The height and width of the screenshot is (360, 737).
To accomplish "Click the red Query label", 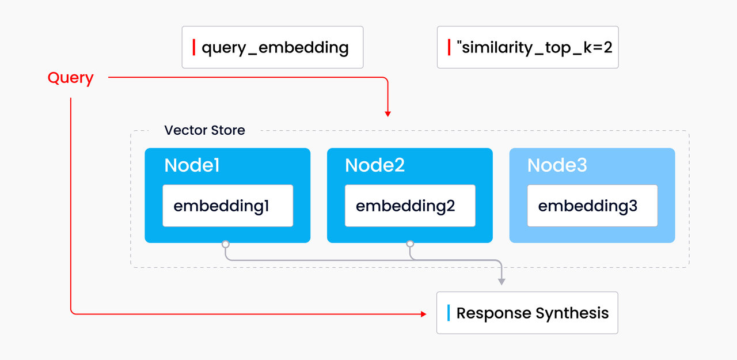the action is [70, 78].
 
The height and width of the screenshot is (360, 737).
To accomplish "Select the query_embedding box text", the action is [275, 48].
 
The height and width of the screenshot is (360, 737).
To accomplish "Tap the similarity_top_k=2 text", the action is [534, 48].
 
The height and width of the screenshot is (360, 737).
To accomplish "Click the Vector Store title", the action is [204, 130].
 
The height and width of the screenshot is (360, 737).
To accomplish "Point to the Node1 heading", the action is [192, 165].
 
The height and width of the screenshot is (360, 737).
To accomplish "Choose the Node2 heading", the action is [375, 165].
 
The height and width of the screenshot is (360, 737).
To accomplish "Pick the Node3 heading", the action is [557, 165].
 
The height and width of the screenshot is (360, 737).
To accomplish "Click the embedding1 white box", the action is [227, 206].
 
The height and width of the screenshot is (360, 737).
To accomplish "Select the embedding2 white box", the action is [410, 206].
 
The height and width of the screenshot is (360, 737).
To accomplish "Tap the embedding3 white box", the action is [592, 206].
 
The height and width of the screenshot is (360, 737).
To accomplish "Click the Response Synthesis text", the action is [533, 313].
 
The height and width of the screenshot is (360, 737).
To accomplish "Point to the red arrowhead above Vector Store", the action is [388, 114].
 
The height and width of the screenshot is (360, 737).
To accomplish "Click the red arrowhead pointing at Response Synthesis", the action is [423, 314].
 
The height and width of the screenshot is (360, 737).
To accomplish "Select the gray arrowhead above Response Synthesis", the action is [502, 282].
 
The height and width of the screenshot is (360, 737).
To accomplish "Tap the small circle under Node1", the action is [225, 244].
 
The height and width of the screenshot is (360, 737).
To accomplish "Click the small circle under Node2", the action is [410, 244].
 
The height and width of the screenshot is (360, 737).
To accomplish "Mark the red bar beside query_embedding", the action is [194, 47].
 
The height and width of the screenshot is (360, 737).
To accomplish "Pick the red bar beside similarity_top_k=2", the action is [449, 47].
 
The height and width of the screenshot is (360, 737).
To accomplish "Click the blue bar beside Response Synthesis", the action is [449, 313].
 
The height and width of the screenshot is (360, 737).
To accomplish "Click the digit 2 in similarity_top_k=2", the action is [607, 47].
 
